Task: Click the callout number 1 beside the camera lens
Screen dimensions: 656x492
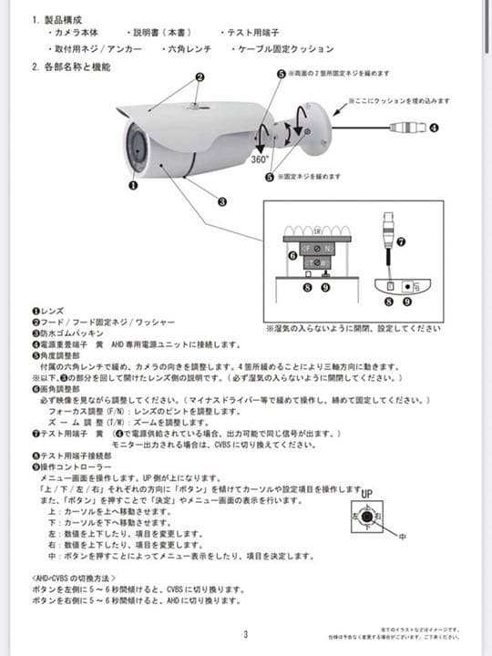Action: tap(133, 185)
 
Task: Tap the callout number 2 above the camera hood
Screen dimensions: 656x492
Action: tap(198, 77)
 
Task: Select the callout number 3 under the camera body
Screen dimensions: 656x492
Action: tap(221, 201)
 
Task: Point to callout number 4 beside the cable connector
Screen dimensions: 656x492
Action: tap(434, 128)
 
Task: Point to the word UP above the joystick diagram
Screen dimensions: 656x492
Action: tap(366, 493)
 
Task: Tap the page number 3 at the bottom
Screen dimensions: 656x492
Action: tap(245, 635)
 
